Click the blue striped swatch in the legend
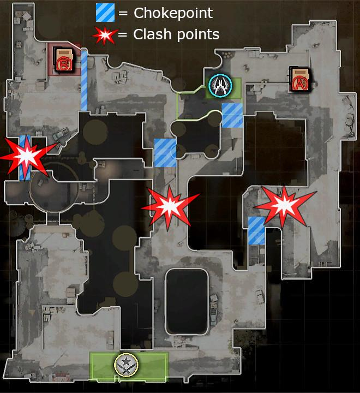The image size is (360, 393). [x=105, y=13]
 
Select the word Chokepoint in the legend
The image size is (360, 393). [x=173, y=13]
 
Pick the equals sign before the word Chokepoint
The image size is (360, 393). [x=123, y=13]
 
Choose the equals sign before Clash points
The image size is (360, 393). [x=123, y=35]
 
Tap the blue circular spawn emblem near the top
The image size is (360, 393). [x=220, y=85]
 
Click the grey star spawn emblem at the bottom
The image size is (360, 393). [x=126, y=364]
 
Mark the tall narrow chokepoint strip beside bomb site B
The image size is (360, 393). [x=85, y=80]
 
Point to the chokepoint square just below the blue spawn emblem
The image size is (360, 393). [x=232, y=115]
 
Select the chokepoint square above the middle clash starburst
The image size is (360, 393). [x=165, y=152]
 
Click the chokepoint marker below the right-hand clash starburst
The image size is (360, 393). [x=256, y=230]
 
